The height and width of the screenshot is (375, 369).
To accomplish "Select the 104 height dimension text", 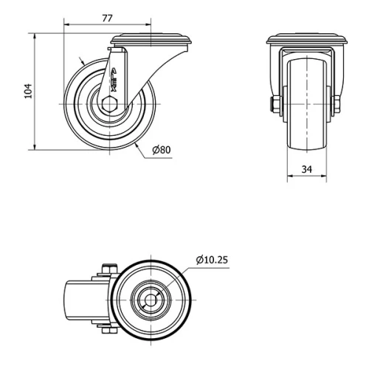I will coord(29,91).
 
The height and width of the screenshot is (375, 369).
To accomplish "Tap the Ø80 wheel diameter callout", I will coord(161,150).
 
